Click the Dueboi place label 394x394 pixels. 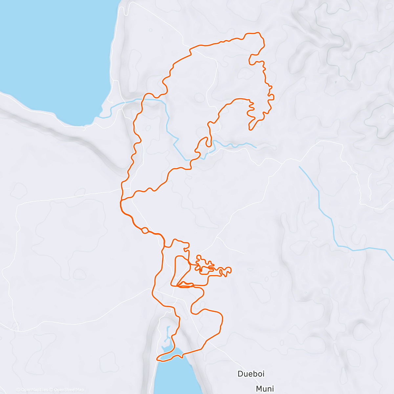[x=251, y=374]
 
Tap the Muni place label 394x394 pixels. [x=265, y=389]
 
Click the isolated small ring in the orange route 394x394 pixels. [x=144, y=230]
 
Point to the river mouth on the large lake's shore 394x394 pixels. [x=98, y=117]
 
